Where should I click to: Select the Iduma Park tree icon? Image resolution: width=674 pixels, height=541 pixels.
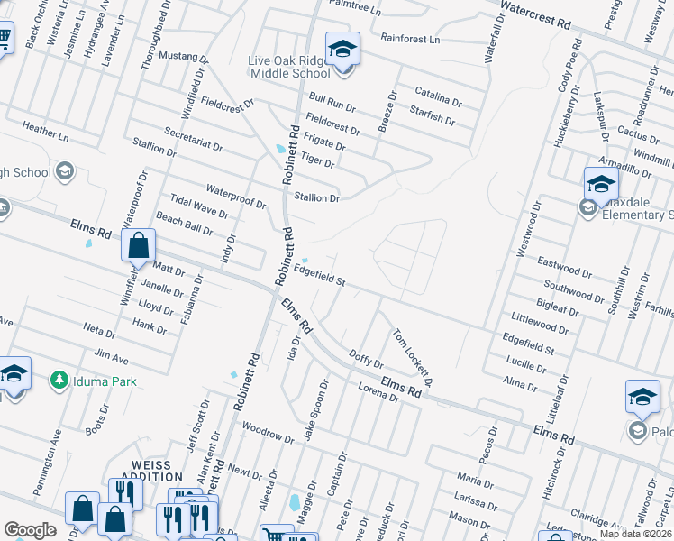[60, 381]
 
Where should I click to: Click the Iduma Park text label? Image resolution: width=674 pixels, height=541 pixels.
[105, 381]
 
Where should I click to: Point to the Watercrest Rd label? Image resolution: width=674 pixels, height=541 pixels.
[536, 18]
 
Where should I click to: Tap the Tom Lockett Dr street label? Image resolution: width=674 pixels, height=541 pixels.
[413, 357]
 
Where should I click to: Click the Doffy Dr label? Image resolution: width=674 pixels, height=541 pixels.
[365, 361]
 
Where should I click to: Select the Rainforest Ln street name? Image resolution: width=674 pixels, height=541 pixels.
[410, 40]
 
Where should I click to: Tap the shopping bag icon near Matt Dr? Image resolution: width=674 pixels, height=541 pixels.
[138, 244]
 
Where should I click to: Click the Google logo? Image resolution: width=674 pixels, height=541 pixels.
[30, 530]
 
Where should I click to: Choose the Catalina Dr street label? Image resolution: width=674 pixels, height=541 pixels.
[438, 94]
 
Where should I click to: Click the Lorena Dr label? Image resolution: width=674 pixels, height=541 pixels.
[378, 392]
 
